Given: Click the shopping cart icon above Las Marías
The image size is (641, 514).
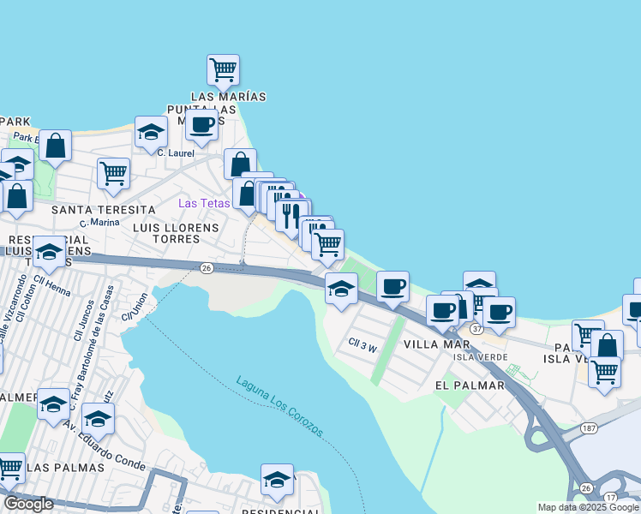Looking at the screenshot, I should point(223,69).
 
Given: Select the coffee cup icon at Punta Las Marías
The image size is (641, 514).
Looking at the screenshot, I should point(201,125).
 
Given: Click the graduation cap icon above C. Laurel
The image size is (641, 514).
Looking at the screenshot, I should point(151,132).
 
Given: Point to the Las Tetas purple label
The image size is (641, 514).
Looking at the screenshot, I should point(203,203).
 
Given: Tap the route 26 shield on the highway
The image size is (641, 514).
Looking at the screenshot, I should point(207,268).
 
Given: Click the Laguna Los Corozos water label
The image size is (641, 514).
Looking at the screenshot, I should point(280,406).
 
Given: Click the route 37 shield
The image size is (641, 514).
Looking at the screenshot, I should point(476,329).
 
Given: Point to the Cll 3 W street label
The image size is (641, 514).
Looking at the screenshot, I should point(362,346).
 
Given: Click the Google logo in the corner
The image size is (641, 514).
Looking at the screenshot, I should point(28,504).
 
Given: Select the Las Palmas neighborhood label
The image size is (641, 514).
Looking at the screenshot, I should point(65,468).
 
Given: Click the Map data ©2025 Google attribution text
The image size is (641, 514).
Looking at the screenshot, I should point(587,507).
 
